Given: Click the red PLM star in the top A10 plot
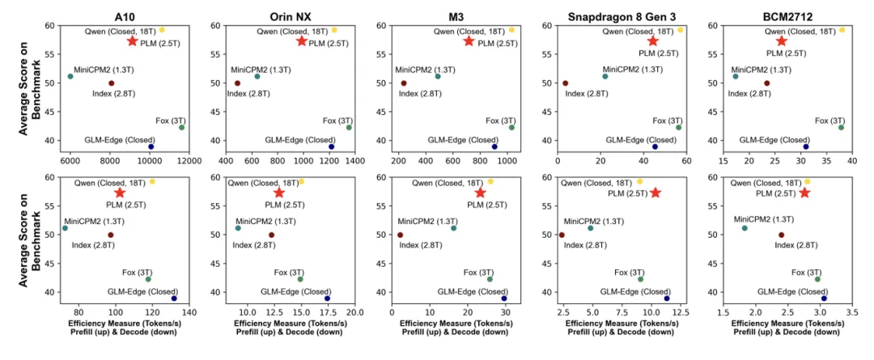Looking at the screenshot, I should click(133, 40).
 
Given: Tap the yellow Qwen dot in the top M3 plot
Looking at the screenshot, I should click(511, 30).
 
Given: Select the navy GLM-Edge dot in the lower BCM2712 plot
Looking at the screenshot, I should click(824, 299).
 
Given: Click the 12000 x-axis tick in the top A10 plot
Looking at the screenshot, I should click(189, 159).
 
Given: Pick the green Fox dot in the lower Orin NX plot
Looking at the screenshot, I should click(300, 279).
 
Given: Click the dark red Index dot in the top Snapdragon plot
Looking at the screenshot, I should click(565, 83).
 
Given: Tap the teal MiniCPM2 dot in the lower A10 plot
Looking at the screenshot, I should click(65, 228).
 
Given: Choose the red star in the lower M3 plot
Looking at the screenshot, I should click(480, 193).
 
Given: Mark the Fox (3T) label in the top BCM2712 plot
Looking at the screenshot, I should click(829, 121).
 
